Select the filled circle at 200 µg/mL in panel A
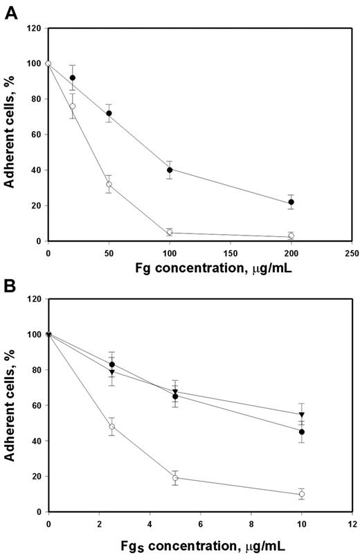[291, 202]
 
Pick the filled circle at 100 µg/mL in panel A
[170, 170]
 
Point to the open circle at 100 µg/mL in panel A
[170, 233]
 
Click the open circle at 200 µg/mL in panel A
[291, 236]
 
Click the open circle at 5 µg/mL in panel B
[175, 478]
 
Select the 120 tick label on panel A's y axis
[33, 28]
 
